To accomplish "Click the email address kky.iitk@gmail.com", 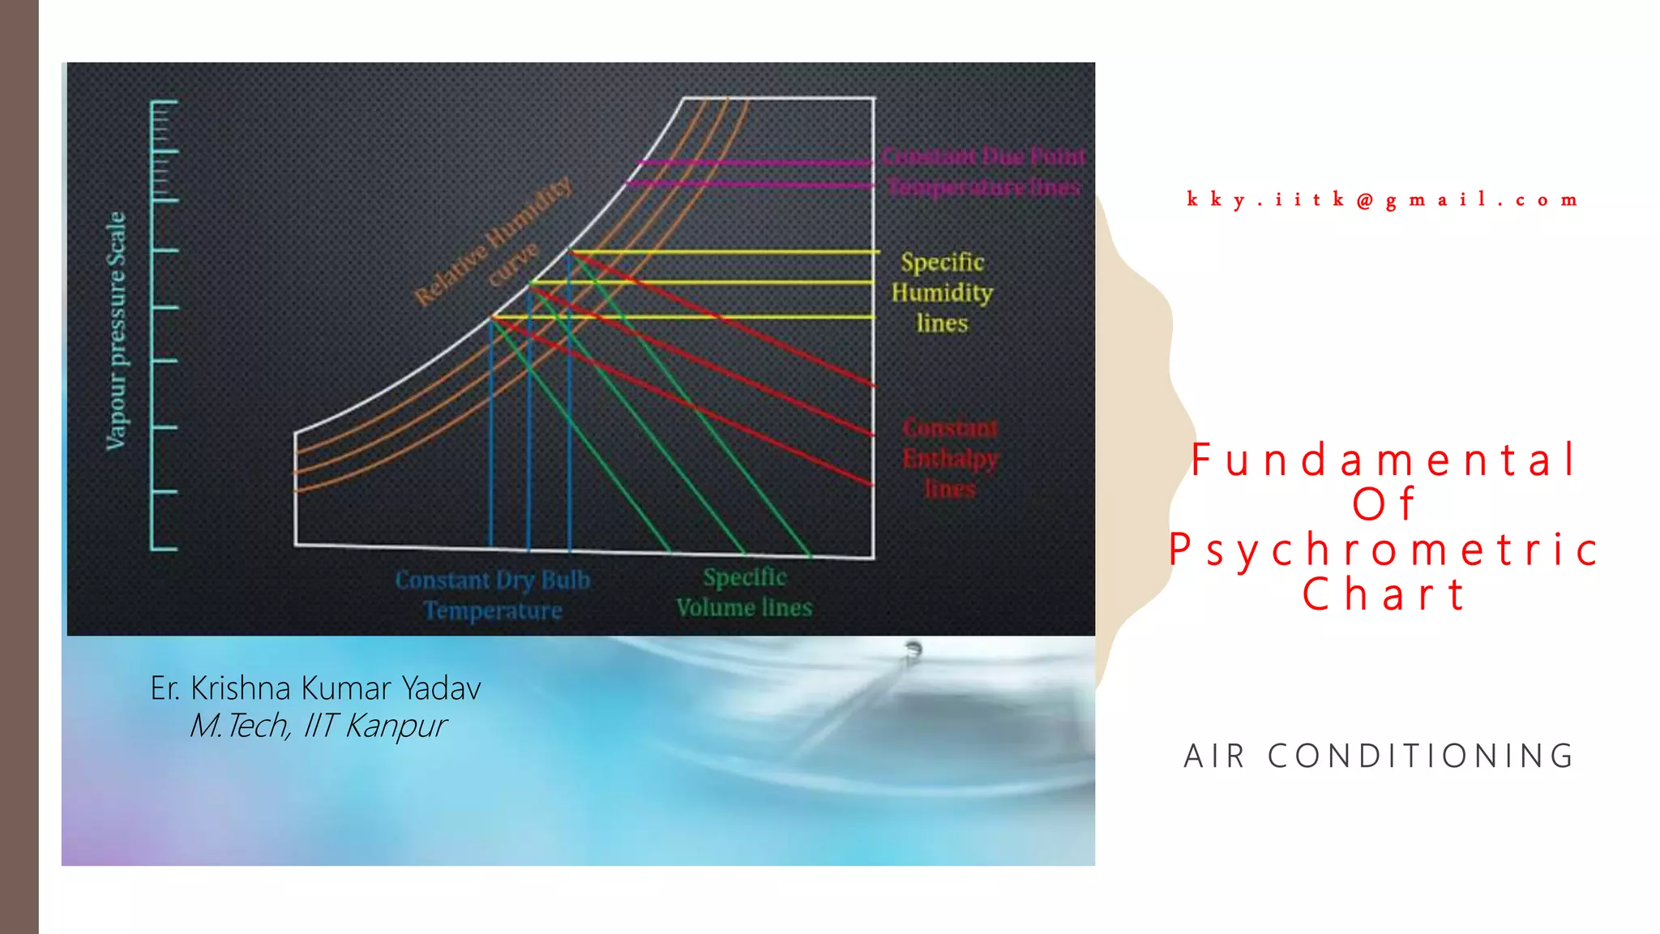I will pos(1382,200).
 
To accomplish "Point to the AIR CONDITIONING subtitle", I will pos(1380,756).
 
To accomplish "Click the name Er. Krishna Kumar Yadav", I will pos(315,688).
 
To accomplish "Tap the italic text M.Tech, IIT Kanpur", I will pos(317,726).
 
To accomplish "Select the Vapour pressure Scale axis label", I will pos(117,331).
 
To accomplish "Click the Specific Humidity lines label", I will pos(942,293).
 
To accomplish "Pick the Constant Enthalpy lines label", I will pos(950,458).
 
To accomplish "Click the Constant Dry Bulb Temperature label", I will pos(493,595).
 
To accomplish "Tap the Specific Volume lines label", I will pos(744,593).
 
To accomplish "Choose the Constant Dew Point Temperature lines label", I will pos(983,172).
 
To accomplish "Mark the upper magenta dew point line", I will pos(754,163).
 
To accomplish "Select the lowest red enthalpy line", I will pos(729,422).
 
